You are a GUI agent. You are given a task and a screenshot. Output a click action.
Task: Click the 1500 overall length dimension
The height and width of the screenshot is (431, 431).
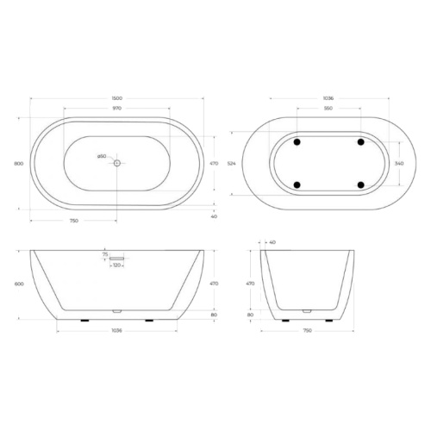[116, 98]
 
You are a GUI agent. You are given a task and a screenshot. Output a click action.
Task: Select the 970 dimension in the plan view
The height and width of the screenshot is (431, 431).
[116, 108]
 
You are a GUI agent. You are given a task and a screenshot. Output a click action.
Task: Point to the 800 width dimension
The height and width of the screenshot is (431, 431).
[18, 162]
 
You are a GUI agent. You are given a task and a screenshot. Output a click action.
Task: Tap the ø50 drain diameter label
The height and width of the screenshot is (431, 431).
[101, 156]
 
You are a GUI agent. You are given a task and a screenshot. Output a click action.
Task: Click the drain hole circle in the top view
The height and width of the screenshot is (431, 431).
[116, 162]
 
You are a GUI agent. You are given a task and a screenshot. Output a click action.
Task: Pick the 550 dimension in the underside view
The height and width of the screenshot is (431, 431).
[328, 109]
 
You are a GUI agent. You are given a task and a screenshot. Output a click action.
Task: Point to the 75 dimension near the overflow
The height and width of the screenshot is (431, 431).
[105, 256]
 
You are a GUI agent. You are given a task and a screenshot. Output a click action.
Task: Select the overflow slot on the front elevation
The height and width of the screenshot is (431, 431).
[117, 256]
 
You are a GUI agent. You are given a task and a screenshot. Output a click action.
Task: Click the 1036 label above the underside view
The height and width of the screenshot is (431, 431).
[328, 98]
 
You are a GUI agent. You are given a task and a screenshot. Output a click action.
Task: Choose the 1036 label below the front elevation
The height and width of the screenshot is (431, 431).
[116, 330]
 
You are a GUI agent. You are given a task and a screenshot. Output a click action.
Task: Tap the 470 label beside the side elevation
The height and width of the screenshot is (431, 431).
[251, 283]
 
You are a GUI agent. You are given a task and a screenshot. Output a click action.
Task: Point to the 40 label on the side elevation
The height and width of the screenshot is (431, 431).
[273, 243]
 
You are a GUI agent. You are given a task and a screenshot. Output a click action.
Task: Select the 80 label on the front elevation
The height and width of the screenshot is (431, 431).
[214, 315]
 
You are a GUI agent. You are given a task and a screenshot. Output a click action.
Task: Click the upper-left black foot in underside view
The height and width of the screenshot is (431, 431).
[296, 141]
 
